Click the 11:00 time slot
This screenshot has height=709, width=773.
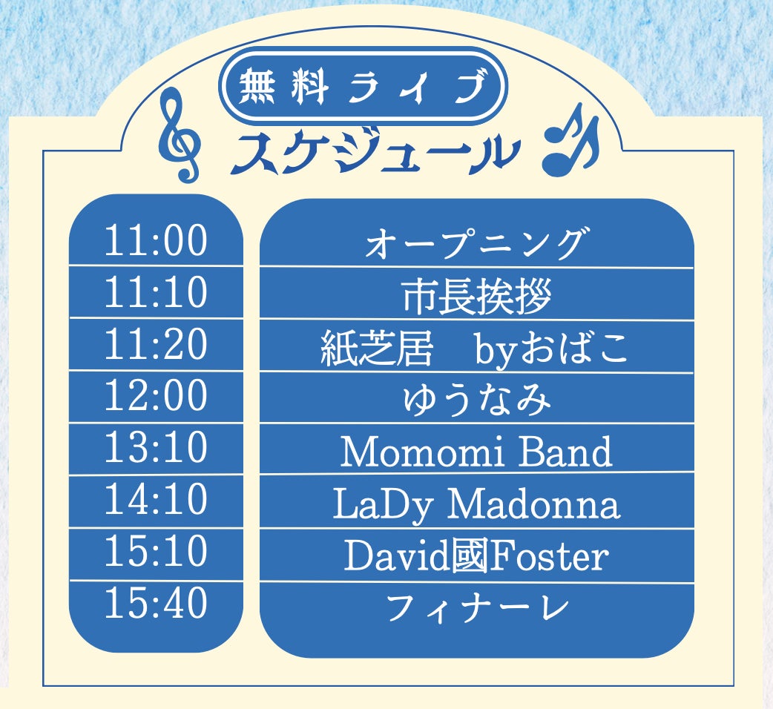(156, 240)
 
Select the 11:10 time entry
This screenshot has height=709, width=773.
(156, 292)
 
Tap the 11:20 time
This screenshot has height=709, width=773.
(156, 344)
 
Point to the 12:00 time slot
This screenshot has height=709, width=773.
(156, 395)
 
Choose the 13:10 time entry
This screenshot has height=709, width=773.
(156, 447)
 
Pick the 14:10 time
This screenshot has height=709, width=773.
(156, 498)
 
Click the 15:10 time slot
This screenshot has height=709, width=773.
(156, 550)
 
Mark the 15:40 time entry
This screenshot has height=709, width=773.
(156, 603)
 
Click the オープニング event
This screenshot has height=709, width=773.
(477, 243)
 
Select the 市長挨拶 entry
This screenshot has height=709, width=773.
(477, 296)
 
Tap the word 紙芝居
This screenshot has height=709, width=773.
(377, 349)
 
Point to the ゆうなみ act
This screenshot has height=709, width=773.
(477, 400)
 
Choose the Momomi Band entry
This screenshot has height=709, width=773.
(477, 452)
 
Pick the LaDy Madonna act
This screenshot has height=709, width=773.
(477, 504)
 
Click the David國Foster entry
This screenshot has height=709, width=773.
(477, 555)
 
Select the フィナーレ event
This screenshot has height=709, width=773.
(477, 607)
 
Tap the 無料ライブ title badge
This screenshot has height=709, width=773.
(362, 85)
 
